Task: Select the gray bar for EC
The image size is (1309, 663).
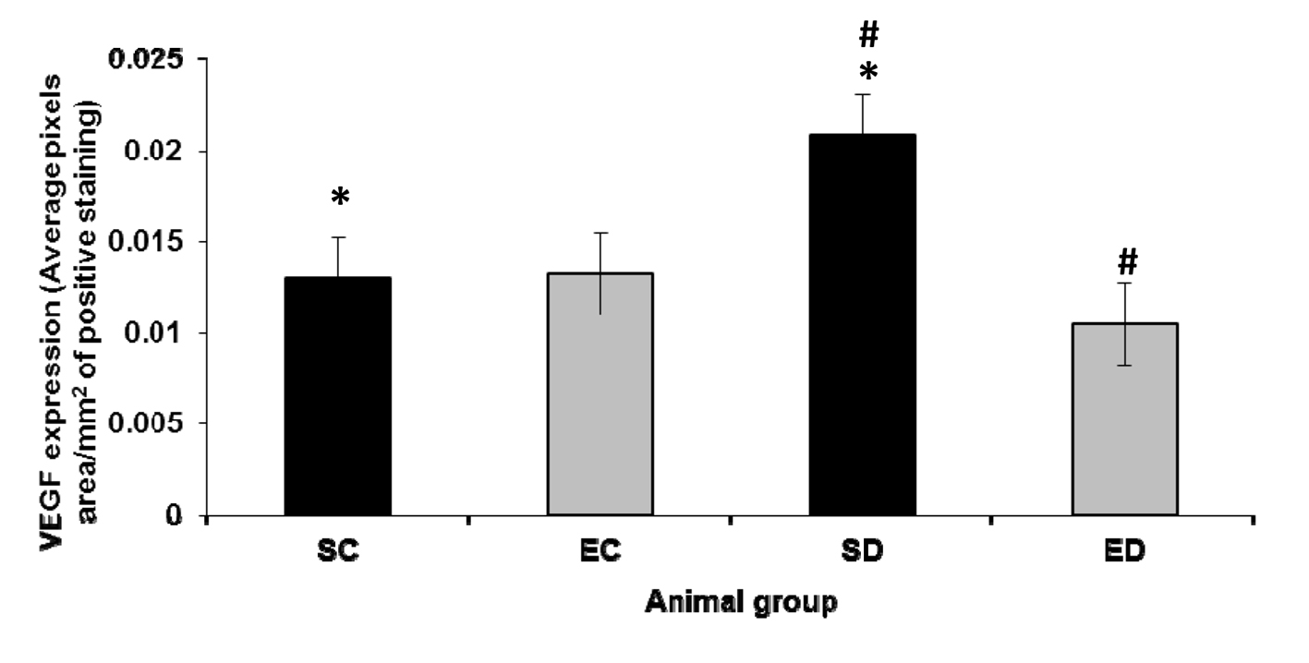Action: [600, 393]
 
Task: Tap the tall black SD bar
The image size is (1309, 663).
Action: [862, 324]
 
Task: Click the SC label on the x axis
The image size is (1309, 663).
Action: [337, 551]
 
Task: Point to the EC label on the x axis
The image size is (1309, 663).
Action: [600, 551]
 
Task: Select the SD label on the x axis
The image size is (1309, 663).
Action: [862, 551]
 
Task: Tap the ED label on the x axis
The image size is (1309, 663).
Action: [1124, 551]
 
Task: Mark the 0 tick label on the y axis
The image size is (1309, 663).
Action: [175, 514]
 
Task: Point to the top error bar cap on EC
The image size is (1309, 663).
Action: [600, 233]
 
